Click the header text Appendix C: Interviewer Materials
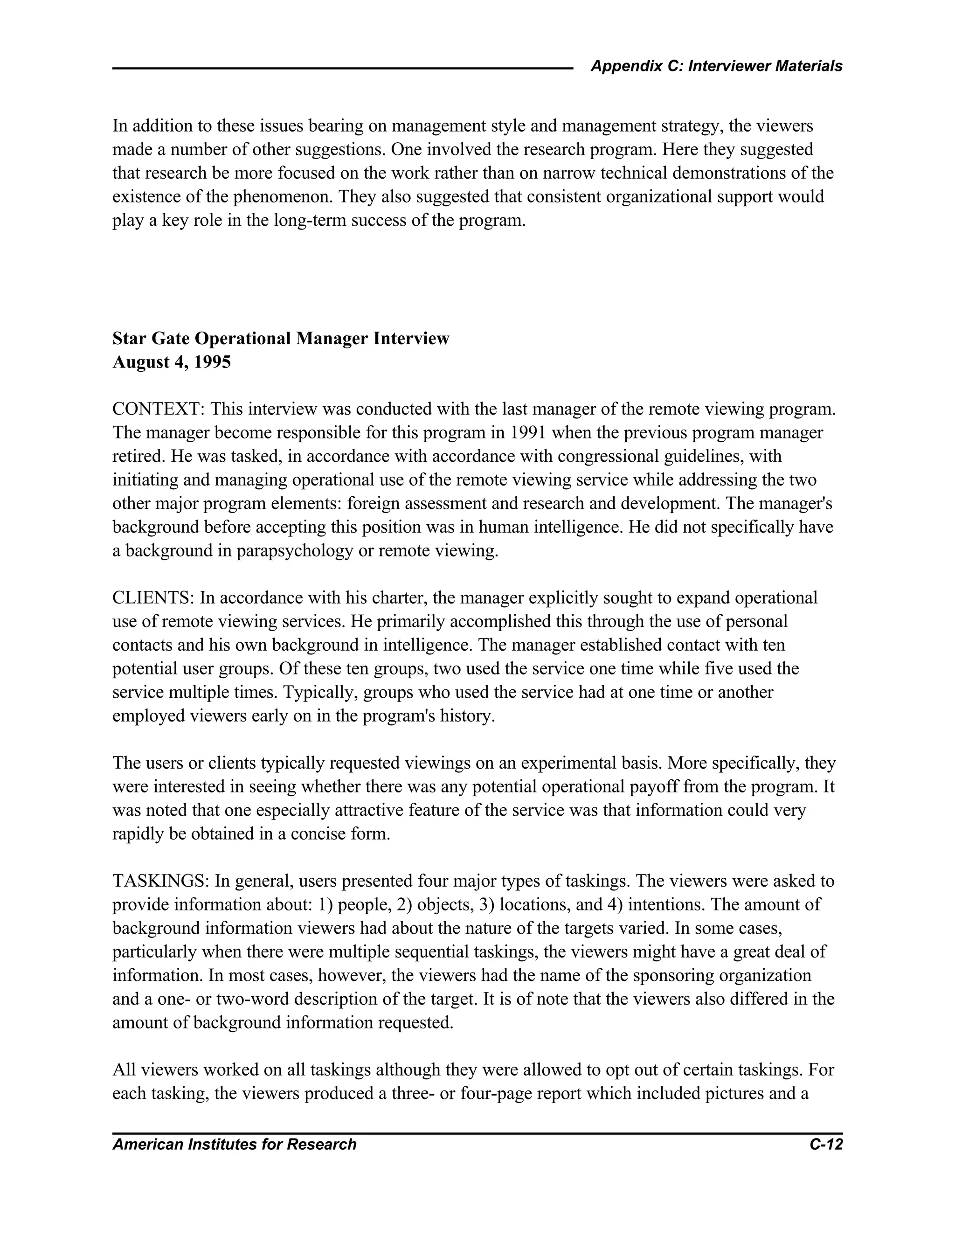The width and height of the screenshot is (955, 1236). [x=716, y=66]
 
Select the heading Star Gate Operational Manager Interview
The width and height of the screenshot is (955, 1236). [x=281, y=339]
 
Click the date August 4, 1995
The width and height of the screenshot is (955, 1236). [x=172, y=362]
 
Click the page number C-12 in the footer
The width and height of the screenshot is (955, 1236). [x=826, y=1144]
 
